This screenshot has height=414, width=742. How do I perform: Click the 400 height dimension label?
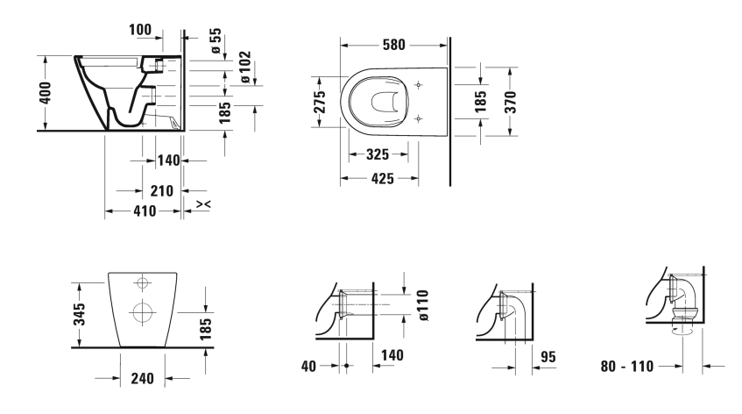(45, 93)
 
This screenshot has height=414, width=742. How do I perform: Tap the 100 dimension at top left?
(140, 30)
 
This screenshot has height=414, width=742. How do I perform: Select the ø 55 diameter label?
(216, 40)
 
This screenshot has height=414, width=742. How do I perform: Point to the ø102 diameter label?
(245, 68)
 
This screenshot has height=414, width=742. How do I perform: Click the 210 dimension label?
(162, 191)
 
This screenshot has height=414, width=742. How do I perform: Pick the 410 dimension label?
(145, 211)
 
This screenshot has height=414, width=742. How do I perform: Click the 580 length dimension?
(393, 45)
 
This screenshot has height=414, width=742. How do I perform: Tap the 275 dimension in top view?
(320, 102)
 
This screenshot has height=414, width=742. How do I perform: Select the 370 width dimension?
(510, 102)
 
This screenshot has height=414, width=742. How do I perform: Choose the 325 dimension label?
(378, 154)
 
